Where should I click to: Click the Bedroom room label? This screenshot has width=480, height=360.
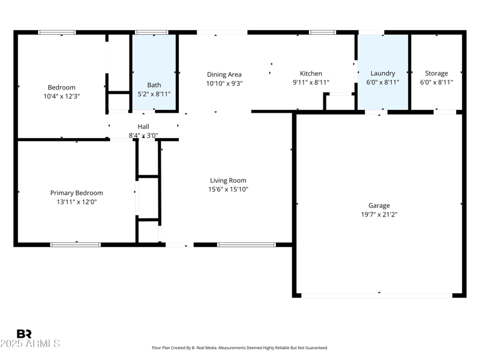pyautogui.click(x=62, y=88)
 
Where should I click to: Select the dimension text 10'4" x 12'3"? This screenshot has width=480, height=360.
pyautogui.click(x=62, y=96)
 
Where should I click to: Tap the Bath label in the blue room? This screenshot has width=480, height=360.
pyautogui.click(x=154, y=85)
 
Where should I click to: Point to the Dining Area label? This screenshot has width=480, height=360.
pyautogui.click(x=224, y=75)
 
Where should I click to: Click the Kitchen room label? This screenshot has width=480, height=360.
pyautogui.click(x=311, y=74)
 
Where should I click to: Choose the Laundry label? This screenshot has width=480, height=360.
pyautogui.click(x=383, y=74)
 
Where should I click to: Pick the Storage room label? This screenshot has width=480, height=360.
pyautogui.click(x=436, y=74)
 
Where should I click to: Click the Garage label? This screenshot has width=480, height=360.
pyautogui.click(x=379, y=206)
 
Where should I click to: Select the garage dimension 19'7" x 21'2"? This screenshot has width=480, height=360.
pyautogui.click(x=379, y=214)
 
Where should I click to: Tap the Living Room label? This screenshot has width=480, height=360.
pyautogui.click(x=228, y=181)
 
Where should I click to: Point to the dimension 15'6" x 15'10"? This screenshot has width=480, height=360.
pyautogui.click(x=228, y=190)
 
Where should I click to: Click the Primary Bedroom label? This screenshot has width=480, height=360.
pyautogui.click(x=76, y=193)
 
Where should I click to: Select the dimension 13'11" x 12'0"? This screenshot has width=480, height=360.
pyautogui.click(x=76, y=202)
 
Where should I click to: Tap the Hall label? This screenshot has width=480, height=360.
pyautogui.click(x=143, y=127)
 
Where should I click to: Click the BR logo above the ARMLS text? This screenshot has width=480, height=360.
pyautogui.click(x=24, y=334)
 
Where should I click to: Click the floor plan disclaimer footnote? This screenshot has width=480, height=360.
pyautogui.click(x=240, y=348)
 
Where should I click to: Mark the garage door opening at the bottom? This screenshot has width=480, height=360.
pyautogui.click(x=376, y=295)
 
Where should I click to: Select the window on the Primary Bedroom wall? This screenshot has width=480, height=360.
pyautogui.click(x=75, y=245)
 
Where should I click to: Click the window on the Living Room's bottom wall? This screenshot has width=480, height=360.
pyautogui.click(x=246, y=245)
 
